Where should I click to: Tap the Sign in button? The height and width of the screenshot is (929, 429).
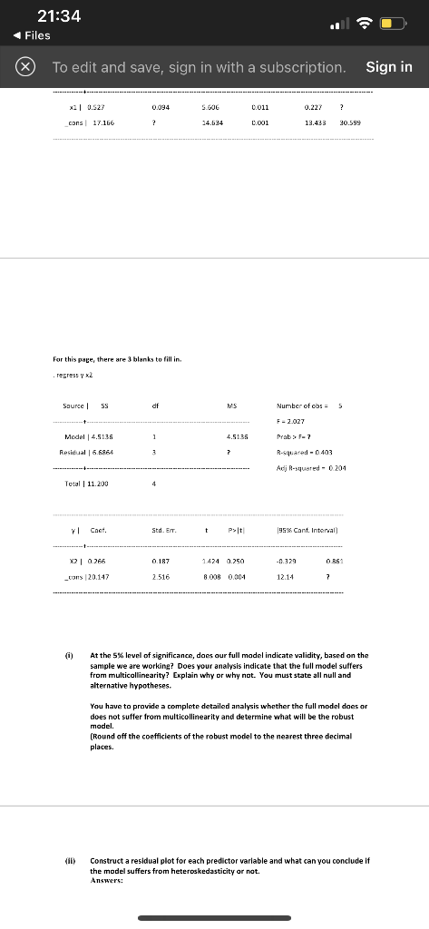388,67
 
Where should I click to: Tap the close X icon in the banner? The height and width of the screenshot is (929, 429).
25,67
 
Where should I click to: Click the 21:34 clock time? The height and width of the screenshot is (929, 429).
59,16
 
